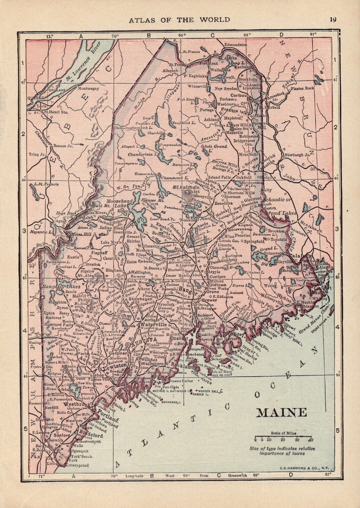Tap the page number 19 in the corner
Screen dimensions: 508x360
(x=333, y=19)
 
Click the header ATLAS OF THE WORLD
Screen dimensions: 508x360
(x=179, y=20)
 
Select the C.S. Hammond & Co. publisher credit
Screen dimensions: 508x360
(x=305, y=469)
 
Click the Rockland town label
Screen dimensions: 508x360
(x=182, y=366)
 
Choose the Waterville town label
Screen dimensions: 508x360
(x=154, y=324)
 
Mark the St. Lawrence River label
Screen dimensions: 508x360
(x=83, y=61)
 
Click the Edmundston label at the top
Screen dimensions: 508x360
(x=235, y=44)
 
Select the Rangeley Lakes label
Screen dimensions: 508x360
(x=61, y=286)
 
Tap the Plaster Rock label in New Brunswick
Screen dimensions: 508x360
(x=302, y=88)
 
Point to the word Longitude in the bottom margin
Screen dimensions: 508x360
(x=134, y=476)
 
